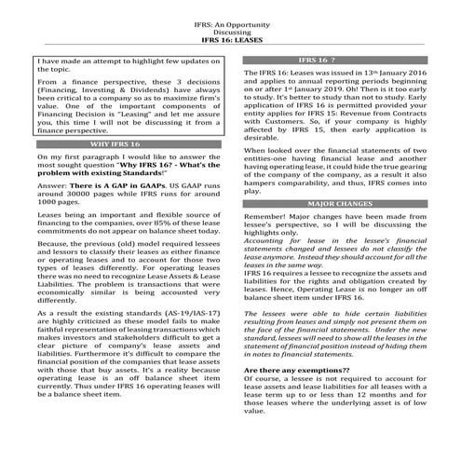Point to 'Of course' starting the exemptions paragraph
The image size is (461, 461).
261,379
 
